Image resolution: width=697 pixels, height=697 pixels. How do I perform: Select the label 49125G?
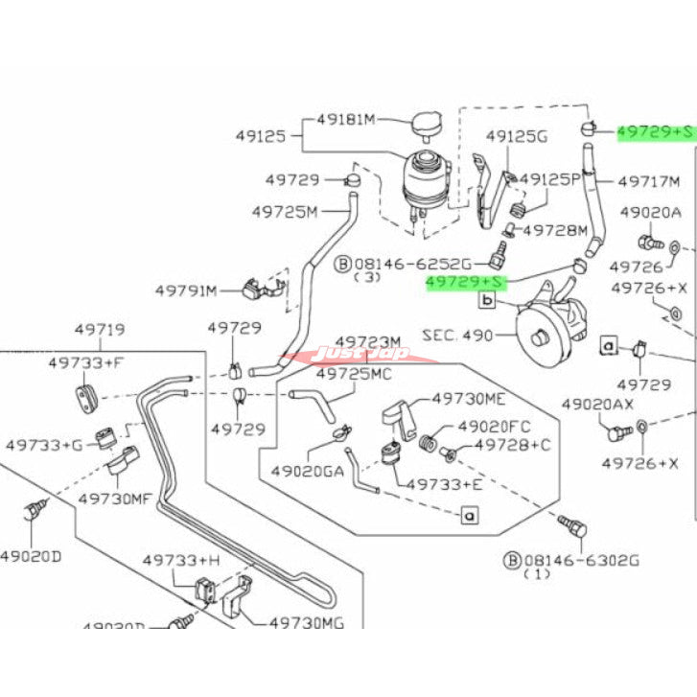pos(516,136)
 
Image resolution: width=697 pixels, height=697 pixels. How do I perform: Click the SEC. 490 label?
pos(457,336)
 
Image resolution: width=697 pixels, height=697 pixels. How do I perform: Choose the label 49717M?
pos(649,180)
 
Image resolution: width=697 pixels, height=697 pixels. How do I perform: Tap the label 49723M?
pos(368,342)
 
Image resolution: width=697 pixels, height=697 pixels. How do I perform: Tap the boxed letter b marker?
pos(486,300)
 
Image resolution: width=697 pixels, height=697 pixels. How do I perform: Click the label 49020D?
pos(31,555)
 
